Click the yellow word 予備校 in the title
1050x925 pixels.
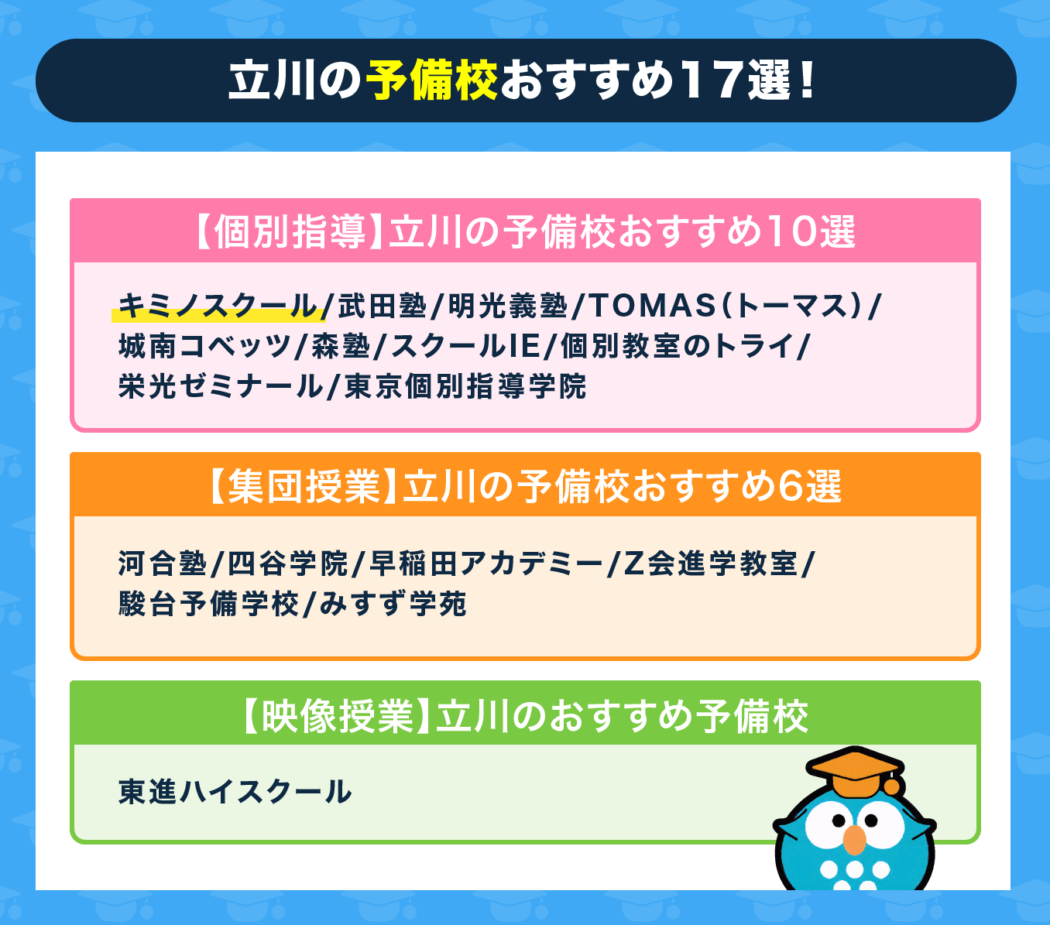click(432, 81)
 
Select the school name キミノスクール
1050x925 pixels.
click(218, 306)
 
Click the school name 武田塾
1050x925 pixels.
click(383, 306)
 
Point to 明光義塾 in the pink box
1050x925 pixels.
click(508, 306)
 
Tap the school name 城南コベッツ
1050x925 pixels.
click(204, 346)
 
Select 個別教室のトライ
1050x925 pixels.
click(677, 346)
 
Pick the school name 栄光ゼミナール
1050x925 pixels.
click(221, 386)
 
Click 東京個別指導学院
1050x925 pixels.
click(465, 386)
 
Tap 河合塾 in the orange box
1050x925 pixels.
click(163, 564)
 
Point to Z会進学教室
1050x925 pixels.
click(710, 564)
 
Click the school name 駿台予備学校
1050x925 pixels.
click(209, 604)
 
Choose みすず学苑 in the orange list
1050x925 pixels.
click(393, 604)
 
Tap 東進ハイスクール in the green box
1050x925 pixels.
click(235, 792)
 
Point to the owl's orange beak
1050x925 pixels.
click(854, 840)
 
